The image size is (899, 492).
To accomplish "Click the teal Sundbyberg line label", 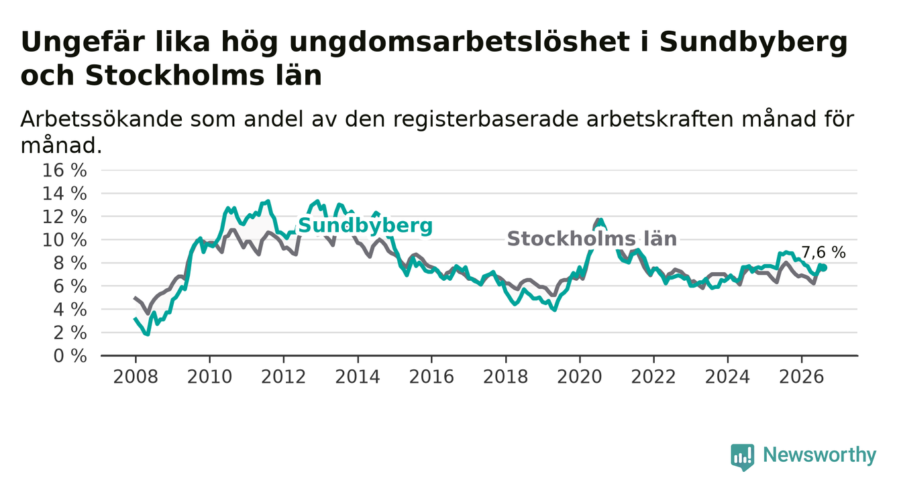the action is pos(366,225).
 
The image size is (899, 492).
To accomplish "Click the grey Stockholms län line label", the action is pos(592,239).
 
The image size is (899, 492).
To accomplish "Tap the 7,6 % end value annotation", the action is pos(824,253).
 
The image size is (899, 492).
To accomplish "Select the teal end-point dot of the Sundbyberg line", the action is pos(823,268).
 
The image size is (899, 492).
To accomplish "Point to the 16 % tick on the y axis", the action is pos(64,170).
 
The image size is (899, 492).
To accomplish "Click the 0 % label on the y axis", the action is pos(70,356).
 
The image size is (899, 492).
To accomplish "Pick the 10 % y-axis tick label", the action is pos(64,240).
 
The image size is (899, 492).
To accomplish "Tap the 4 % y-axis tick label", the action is pos(70,310).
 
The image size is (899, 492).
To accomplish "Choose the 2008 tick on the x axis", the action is pos(136,377).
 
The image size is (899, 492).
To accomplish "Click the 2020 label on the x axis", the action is pos(580,377).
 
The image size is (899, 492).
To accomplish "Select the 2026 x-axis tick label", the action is pos(802,377).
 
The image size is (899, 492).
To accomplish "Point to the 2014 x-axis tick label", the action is pos(358,377).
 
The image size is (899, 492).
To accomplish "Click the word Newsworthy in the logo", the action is pos(820,455).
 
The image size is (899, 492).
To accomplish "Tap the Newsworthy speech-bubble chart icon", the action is pos(743,457).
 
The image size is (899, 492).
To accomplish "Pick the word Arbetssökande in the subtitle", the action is pos(101,119).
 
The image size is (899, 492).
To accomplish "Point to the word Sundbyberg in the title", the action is pos(753,42).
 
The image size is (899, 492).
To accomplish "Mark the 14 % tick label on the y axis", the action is pos(64,194).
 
